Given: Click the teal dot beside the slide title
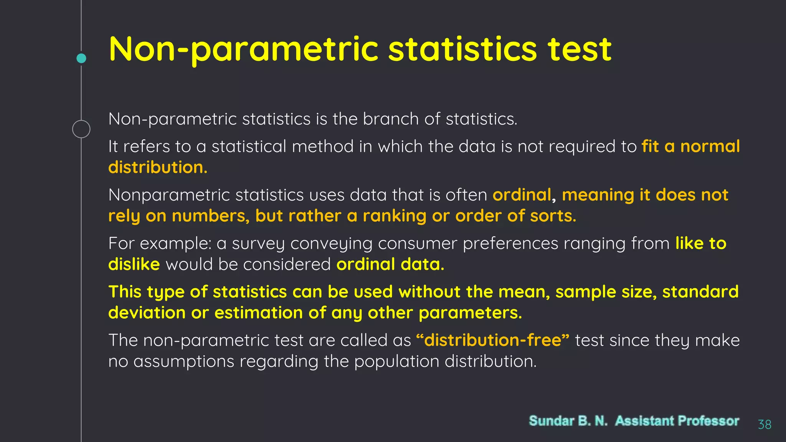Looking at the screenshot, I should (81, 58).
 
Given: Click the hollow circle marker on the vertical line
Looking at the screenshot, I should (81, 129).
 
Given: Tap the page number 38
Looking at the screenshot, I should (765, 424).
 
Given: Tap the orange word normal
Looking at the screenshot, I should (710, 146).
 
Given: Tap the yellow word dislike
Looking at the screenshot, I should (134, 264).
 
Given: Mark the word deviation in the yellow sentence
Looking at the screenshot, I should (147, 313).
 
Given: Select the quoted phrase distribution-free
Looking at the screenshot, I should (493, 340).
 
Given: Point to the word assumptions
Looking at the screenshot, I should (183, 361).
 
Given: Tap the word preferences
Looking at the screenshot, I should (510, 244).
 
